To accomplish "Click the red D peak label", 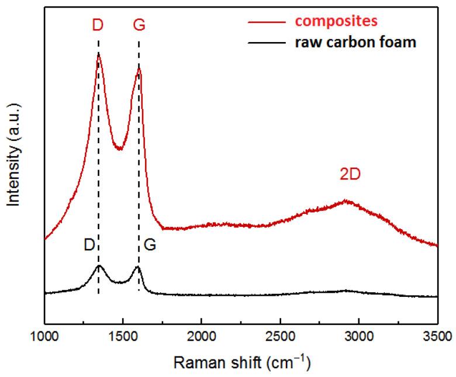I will (x=98, y=26).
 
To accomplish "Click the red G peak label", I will (x=139, y=26).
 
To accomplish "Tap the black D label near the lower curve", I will (x=89, y=245).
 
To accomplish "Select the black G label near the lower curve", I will (x=150, y=245).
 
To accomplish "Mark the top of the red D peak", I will (x=98, y=53).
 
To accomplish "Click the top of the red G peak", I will (x=139, y=68).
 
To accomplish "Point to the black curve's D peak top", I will (x=99, y=266).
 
